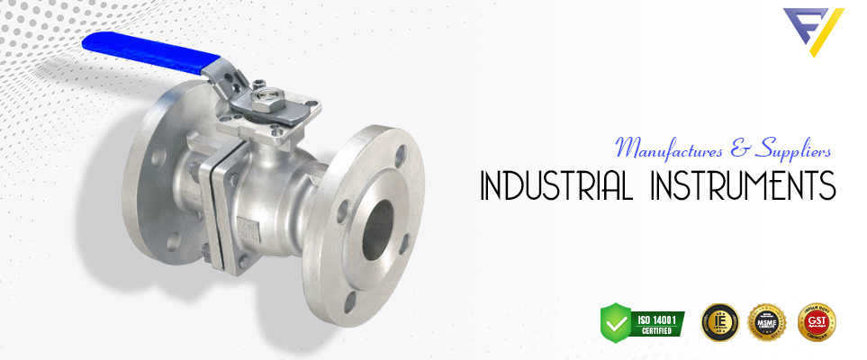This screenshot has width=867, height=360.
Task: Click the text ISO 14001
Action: coord(655,317)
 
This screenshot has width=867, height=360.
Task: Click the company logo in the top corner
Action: coord(813,30)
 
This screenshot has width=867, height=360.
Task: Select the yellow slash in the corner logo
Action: coord(830,31)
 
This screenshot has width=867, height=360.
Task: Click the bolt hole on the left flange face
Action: coord(158,156)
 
